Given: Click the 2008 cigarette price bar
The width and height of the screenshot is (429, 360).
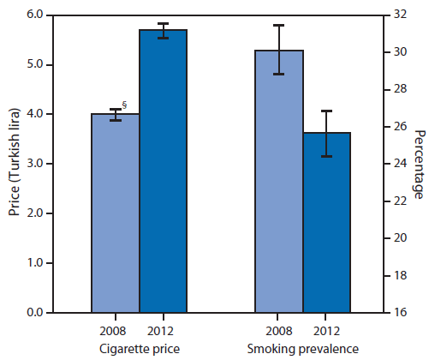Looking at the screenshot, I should point(116,214).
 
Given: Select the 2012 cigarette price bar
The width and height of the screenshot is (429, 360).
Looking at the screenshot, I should point(163,171).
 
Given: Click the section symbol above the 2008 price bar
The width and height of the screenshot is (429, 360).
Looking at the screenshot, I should point(124,105).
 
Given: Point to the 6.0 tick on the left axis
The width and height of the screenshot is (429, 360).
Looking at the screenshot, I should point(39,15).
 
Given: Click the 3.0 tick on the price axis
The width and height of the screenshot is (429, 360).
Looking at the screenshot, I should point(39,164).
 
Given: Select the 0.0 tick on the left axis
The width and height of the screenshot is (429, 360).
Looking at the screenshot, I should point(39,313).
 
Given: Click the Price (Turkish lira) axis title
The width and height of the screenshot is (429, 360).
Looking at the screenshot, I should point(13,164).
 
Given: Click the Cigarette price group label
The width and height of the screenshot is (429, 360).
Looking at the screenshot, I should point(139,347).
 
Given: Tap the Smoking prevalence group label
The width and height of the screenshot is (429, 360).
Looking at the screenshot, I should point(302,347).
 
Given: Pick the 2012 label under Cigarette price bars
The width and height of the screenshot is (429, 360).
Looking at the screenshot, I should point(163,331).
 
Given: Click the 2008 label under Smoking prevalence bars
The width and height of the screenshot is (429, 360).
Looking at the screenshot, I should point(278,331).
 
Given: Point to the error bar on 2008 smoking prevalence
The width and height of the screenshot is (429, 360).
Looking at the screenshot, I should point(278,50).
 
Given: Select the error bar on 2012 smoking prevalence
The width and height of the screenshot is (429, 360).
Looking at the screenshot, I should point(326,133).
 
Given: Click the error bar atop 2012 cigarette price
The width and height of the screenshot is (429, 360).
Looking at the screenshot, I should point(163,31).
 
